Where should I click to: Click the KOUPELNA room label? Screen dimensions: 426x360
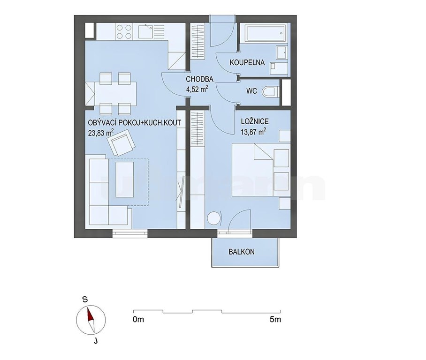247,62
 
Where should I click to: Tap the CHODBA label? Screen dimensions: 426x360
199,79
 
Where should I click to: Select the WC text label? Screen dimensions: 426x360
251,91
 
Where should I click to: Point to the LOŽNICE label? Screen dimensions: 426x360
255,121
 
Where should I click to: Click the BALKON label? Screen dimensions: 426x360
242,252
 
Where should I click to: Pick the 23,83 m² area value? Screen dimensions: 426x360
101,133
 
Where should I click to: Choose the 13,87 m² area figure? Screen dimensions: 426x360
253,132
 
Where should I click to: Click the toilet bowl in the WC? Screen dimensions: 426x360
270,92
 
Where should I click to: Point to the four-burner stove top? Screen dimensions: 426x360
124,31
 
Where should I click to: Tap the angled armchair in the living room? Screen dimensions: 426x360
121,142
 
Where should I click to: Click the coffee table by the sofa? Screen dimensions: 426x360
125,180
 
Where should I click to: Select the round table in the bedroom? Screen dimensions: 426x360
213,218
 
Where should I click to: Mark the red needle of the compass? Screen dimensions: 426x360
90,315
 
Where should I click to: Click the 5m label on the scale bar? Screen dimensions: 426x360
275,320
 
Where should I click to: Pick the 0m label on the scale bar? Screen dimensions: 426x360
138,320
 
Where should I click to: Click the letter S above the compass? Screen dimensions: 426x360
85,300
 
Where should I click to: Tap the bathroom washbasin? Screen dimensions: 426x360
281,52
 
